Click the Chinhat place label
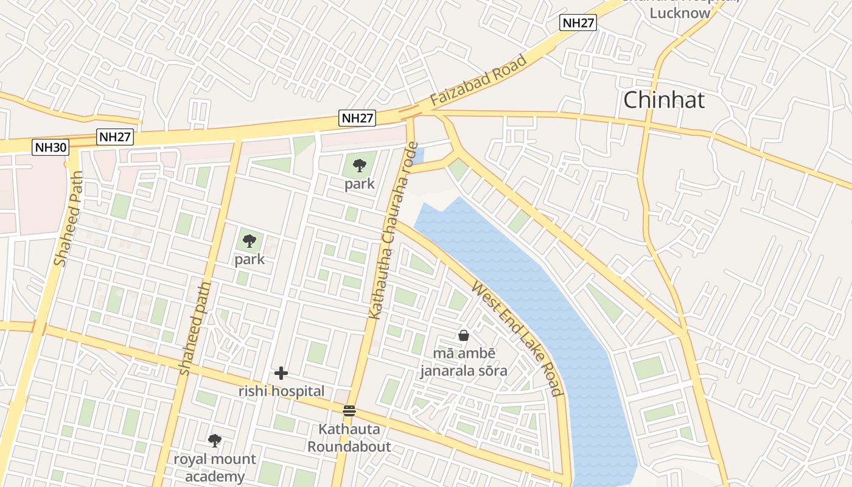click(664, 100)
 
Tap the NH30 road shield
click(51, 147)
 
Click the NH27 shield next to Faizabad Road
click(357, 118)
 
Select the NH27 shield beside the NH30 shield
click(114, 137)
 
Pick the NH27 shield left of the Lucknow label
click(578, 23)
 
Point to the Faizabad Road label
click(478, 83)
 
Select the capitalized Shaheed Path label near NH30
click(68, 219)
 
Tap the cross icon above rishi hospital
click(281, 373)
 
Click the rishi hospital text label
click(281, 391)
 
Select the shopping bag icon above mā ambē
click(464, 335)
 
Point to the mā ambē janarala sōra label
click(464, 362)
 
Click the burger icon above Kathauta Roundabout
click(349, 410)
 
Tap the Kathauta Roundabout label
click(349, 438)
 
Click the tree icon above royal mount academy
click(214, 440)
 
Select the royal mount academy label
click(215, 468)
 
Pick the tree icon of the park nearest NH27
click(360, 164)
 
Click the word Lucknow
click(680, 13)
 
